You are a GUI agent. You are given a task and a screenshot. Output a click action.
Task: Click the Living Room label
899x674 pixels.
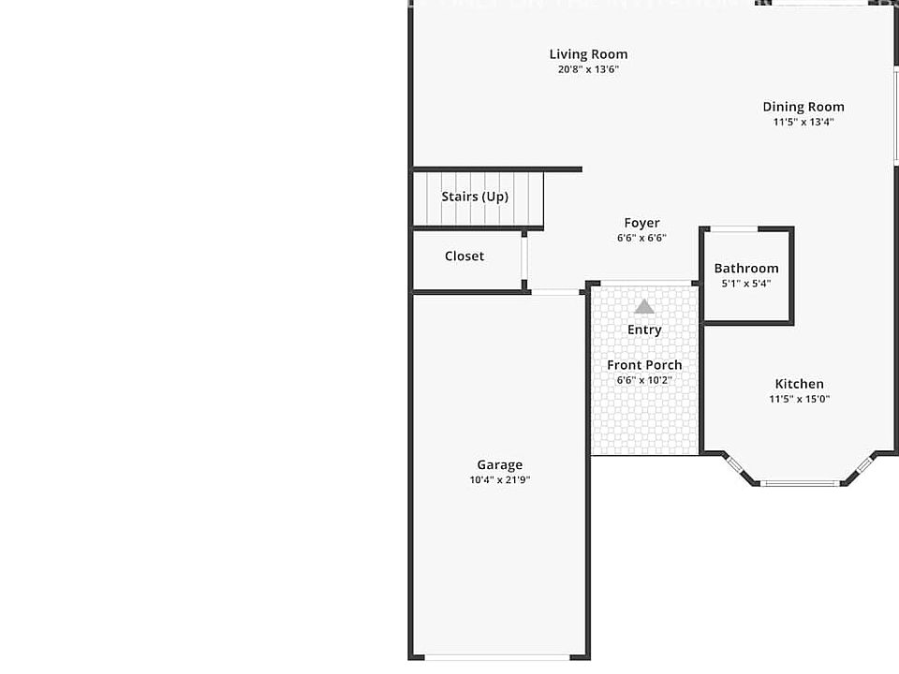(x=588, y=54)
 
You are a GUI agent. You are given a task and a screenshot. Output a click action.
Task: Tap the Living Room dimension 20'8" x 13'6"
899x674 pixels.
(x=588, y=69)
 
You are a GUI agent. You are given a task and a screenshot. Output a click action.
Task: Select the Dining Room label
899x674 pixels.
(x=803, y=107)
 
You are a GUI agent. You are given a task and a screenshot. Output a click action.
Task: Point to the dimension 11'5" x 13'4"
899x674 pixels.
(x=803, y=122)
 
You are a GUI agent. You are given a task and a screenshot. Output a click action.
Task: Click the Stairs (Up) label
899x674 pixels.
(x=475, y=197)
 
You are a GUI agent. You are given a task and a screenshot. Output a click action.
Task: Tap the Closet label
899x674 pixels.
(x=464, y=256)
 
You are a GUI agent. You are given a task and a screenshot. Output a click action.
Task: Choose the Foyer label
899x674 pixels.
(x=641, y=223)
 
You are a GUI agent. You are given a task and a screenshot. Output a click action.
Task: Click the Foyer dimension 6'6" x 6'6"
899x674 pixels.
(x=641, y=238)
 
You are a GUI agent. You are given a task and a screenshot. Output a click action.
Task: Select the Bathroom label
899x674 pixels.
(x=746, y=268)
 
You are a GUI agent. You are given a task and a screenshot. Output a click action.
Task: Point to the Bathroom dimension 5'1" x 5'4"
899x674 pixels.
(x=746, y=283)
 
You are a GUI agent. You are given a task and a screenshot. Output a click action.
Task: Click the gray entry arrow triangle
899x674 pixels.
(x=643, y=306)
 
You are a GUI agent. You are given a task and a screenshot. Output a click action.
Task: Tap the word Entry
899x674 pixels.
(x=644, y=330)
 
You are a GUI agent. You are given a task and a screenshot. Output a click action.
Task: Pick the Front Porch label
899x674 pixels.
(x=644, y=365)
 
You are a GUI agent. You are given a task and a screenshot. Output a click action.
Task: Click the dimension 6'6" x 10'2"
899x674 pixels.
(x=644, y=380)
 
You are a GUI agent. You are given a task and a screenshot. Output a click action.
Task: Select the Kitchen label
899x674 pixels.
(x=799, y=384)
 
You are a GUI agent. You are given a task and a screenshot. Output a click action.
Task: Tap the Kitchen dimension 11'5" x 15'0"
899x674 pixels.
(x=799, y=399)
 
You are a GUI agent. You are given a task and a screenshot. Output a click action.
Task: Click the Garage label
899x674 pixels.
(x=500, y=464)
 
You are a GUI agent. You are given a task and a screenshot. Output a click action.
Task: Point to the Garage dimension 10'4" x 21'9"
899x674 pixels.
(x=500, y=479)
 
